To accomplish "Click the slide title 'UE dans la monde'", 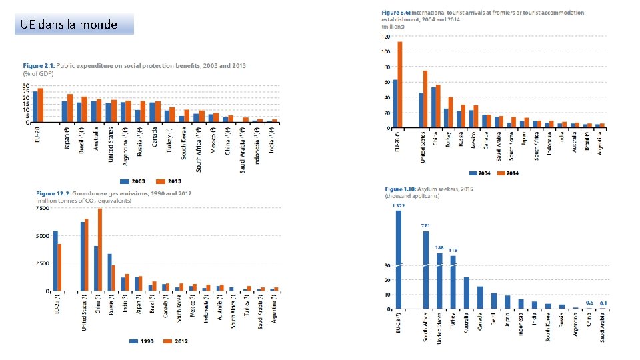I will pos(69,25).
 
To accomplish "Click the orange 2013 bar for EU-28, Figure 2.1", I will pos(41,105).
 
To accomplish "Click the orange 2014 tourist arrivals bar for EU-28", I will pos(400,84).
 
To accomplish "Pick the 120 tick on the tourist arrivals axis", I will pos(385,37).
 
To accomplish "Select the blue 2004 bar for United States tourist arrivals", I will pos(421,110).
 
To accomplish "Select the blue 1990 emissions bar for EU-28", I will pos(55,261).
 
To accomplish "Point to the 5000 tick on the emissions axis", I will pos(42,236).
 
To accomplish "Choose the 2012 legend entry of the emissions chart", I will pos(177,341).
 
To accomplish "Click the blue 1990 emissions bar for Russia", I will pos(109,273).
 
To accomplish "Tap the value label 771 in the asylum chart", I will pos(425,226).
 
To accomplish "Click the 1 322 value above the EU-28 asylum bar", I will pos(399,205).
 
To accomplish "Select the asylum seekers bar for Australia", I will pos(467,293).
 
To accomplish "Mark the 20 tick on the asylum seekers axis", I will pos(387,280).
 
